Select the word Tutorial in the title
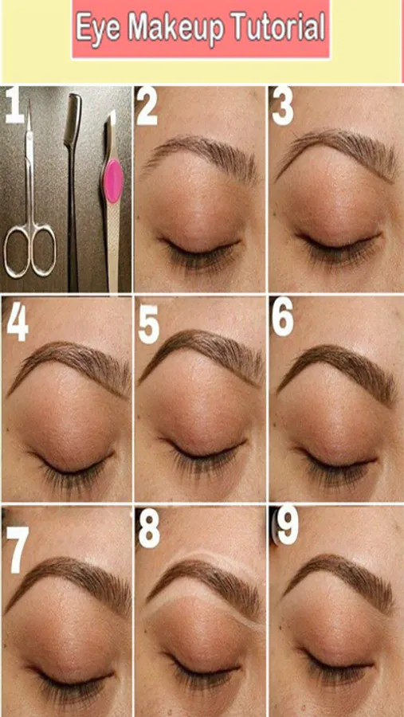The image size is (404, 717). pos(279,26)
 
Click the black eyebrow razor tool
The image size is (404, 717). pos(73,192)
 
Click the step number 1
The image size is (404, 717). pos(14,106)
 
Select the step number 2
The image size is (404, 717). pos(147,108)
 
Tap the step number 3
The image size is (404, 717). pos(282,108)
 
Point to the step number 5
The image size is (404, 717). pos(149,324)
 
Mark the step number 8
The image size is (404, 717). pos(150,529)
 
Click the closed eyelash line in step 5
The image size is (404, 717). pos(204,450)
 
